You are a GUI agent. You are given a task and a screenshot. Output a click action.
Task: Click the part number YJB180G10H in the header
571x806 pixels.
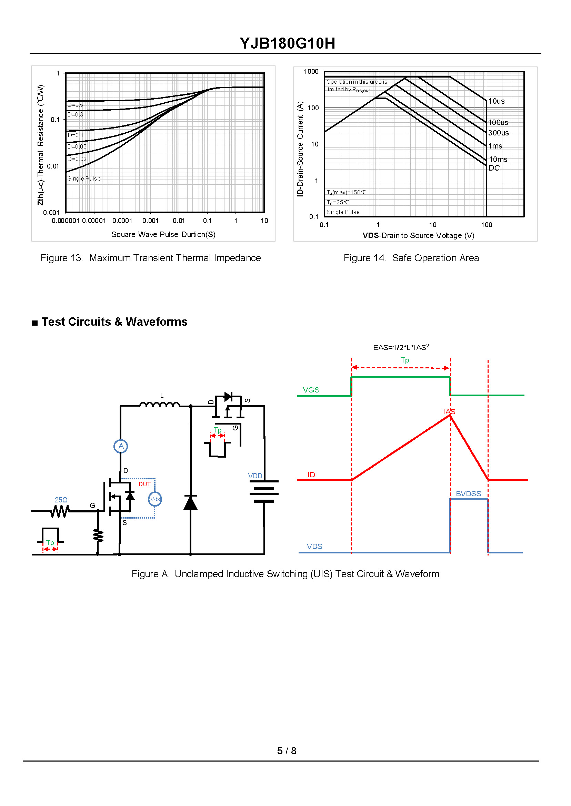click(287, 43)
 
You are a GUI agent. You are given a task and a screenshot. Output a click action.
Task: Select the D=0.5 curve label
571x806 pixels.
click(75, 105)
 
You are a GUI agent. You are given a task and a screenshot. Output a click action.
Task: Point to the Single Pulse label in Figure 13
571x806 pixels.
click(84, 178)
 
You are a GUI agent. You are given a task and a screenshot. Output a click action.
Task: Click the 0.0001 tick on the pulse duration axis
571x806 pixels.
click(122, 221)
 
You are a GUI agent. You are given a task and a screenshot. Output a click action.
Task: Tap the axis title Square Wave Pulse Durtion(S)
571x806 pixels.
click(163, 234)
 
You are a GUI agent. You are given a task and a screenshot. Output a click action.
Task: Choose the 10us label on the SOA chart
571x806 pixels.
click(496, 101)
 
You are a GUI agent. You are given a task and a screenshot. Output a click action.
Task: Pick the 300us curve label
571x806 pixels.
click(498, 133)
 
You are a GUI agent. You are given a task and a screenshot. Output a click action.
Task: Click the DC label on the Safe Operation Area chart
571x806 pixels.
click(494, 168)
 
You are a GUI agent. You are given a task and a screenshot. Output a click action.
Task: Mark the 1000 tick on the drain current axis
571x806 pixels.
click(311, 72)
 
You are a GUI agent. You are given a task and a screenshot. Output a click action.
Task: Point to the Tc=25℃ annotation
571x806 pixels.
click(338, 202)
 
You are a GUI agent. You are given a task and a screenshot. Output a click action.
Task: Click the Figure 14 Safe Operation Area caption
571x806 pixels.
click(411, 258)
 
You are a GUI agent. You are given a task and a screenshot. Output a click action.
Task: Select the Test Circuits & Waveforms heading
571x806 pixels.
click(114, 322)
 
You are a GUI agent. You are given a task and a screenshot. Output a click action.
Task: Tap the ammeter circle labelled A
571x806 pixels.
click(121, 446)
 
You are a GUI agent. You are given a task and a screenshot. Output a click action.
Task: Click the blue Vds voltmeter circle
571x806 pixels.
click(155, 499)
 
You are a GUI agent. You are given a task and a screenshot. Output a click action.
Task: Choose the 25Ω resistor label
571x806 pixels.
click(61, 500)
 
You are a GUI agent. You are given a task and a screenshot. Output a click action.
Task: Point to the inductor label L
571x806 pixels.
click(162, 396)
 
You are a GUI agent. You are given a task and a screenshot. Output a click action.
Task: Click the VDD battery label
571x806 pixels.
click(255, 476)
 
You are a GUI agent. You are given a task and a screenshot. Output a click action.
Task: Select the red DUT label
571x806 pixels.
click(144, 484)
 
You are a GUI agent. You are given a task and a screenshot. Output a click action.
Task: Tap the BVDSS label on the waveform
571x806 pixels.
click(468, 494)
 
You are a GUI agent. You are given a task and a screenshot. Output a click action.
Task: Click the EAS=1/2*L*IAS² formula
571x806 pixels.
click(401, 347)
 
